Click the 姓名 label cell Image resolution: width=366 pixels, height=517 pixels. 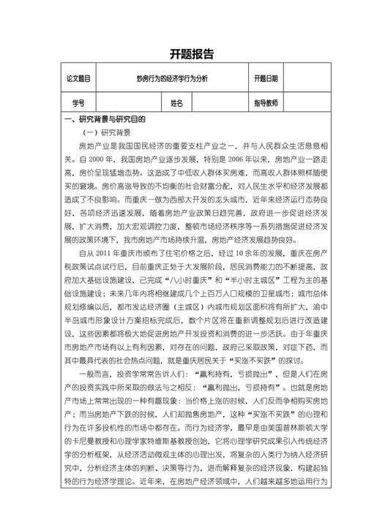[x=176, y=103]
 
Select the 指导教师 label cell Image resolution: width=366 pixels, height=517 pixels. [x=266, y=103]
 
